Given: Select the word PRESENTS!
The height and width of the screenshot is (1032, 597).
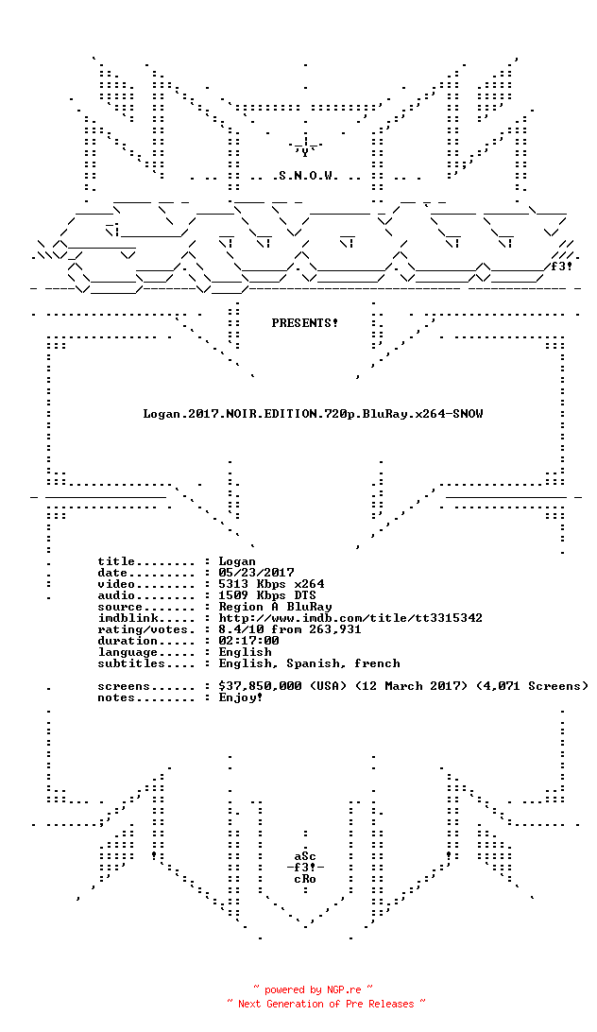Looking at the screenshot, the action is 305,323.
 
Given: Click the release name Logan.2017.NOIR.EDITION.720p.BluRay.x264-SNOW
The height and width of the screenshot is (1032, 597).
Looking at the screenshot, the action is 313,414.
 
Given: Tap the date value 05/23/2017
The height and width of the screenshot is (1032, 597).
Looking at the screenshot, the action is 256,573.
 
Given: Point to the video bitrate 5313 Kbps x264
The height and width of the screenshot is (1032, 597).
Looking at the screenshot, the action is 271,584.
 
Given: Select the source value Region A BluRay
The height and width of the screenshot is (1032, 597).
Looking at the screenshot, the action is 275,607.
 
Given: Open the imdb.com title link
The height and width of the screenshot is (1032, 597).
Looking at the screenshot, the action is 350,618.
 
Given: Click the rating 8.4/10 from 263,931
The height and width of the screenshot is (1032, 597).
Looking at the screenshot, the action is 290,629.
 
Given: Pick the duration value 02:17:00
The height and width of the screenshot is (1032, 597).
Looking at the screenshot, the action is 248,641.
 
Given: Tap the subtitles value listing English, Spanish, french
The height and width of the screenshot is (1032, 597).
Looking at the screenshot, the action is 309,663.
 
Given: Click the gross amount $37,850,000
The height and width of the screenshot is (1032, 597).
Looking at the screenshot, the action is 260,686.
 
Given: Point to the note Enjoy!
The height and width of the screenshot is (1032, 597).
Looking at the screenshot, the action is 241,697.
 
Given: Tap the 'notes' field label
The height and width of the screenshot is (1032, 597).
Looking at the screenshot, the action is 116,697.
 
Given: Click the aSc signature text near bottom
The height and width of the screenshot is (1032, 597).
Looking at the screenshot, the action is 305,856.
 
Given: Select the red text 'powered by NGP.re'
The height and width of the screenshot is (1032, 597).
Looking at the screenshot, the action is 313,989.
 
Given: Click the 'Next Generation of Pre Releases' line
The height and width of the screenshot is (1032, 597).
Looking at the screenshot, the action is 326,1004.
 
